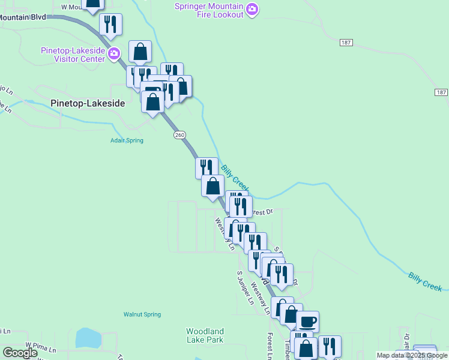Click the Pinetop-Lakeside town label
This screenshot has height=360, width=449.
point(88,103)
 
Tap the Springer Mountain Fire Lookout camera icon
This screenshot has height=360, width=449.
point(252,9)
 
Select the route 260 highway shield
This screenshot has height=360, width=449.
point(179,135)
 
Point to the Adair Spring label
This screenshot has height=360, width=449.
point(126,141)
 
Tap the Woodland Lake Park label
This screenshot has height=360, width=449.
point(205,335)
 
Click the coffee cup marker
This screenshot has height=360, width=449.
point(308,321)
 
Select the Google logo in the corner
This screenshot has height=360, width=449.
point(20,353)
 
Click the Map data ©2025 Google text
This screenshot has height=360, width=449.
point(412,355)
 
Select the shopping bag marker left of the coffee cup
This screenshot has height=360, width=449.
point(291,314)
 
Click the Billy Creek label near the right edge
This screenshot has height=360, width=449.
point(425,281)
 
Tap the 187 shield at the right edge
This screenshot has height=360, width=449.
point(441,92)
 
